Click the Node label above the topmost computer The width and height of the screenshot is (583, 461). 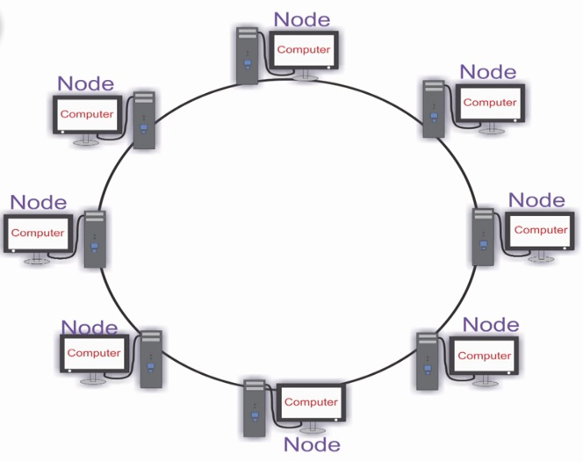point(302,19)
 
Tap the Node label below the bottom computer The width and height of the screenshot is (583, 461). point(312,444)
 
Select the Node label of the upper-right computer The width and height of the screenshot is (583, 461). point(488,72)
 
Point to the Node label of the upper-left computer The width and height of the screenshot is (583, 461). point(85,83)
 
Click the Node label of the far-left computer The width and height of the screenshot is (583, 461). point(39,202)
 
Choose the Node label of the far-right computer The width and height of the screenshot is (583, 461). point(536,200)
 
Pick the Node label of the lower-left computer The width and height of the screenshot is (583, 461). point(90,328)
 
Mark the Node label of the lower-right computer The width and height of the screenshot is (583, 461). point(491,325)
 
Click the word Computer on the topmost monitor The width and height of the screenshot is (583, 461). point(304,49)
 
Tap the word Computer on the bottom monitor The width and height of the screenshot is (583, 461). point(311,402)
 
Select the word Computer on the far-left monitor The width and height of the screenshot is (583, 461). point(38,233)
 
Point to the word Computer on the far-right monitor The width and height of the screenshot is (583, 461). point(541,230)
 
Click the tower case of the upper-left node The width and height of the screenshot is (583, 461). point(144,120)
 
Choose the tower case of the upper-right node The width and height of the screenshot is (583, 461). point(434,109)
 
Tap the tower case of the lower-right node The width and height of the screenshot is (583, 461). point(428,362)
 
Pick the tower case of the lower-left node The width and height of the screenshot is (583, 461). point(151,359)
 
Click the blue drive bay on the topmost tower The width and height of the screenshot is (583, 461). point(248,64)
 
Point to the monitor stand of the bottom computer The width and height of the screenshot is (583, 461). point(313,428)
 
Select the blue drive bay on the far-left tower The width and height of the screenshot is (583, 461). point(95,248)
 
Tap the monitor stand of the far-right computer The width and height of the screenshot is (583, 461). point(541,256)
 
